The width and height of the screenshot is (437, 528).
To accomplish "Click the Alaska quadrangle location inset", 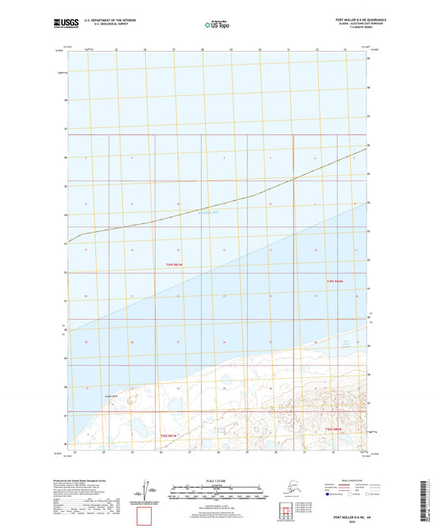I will [x=282, y=489].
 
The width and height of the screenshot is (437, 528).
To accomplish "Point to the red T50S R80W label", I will [x=333, y=430].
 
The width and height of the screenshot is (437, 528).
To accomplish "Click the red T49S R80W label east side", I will [x=333, y=282].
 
